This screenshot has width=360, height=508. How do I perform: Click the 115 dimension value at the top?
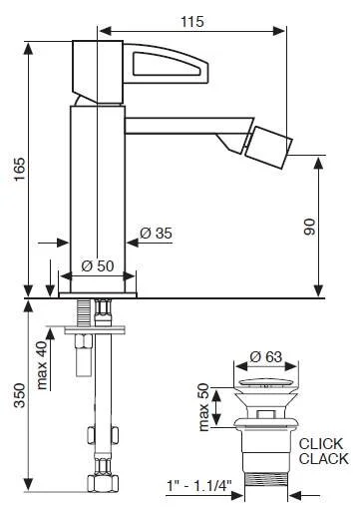click(192, 22)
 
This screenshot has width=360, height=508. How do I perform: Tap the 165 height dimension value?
click(20, 170)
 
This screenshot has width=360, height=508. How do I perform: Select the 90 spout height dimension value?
click(309, 227)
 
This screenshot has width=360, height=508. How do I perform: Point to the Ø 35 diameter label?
click(156, 234)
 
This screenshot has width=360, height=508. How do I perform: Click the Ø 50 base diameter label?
click(98, 265)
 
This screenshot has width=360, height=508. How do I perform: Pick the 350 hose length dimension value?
click(20, 395)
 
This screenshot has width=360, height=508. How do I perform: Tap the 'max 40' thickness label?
click(42, 365)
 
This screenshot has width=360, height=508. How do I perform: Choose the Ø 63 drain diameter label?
click(266, 357)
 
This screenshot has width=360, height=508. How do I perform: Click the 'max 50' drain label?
click(203, 407)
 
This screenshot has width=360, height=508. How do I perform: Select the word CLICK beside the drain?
click(321, 444)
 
